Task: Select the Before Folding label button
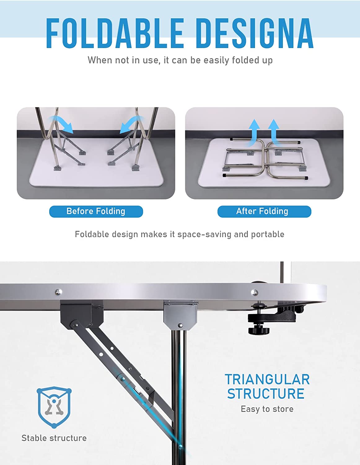click(96, 211)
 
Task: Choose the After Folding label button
click(264, 211)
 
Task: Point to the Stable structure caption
click(54, 438)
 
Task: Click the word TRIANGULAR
click(267, 379)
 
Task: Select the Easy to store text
click(267, 409)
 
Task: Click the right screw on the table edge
click(254, 292)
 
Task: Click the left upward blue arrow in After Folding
click(254, 133)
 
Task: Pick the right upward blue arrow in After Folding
click(274, 132)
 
